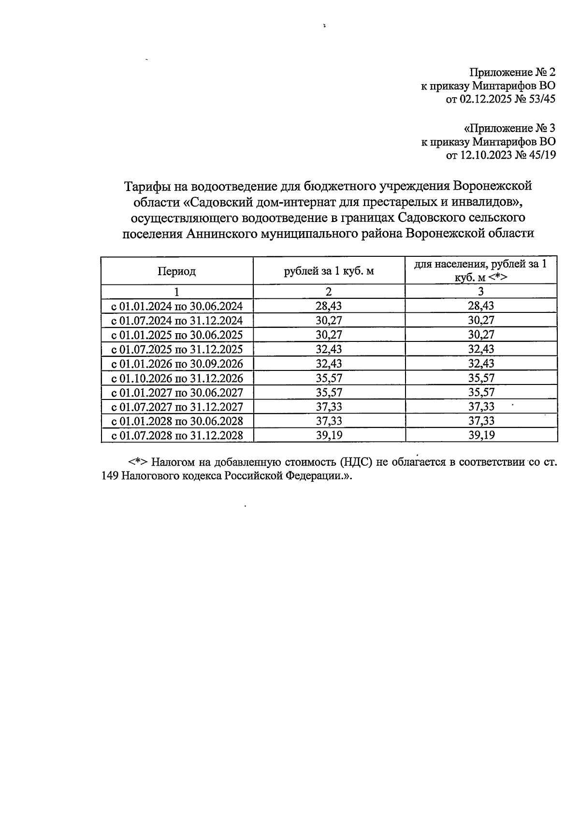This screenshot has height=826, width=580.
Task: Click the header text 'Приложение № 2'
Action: click(513, 73)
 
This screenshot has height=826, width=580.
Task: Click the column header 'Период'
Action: click(176, 271)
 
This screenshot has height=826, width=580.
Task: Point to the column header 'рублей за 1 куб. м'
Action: click(329, 271)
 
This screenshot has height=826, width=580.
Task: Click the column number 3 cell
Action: click(481, 292)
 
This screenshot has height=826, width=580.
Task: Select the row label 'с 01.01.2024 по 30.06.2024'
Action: click(177, 306)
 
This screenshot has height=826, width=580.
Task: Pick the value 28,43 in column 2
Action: click(329, 306)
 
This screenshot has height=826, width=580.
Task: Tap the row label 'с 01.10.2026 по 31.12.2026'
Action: click(177, 378)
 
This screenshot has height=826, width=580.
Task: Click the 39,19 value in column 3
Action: click(481, 435)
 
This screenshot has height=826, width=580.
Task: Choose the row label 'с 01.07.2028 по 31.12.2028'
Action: click(177, 435)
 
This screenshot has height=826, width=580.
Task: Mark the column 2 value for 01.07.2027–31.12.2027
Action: click(329, 407)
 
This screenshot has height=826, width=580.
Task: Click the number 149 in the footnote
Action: click(111, 475)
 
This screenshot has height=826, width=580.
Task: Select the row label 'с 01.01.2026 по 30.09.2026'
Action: click(177, 364)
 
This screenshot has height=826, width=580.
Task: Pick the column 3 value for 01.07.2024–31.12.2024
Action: click(481, 320)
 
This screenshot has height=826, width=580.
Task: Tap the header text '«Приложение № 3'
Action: click(509, 129)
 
